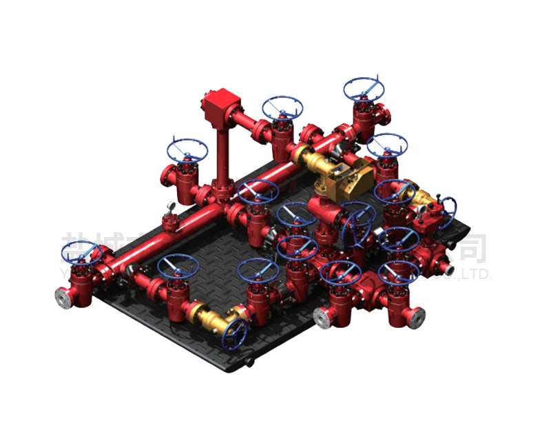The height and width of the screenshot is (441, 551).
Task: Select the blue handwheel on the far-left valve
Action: [x=81, y=253]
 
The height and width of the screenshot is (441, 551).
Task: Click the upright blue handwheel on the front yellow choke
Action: [x=235, y=334]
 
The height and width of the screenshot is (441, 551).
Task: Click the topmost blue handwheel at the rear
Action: [x=364, y=88]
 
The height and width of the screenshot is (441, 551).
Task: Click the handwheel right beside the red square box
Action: [x=282, y=107]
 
